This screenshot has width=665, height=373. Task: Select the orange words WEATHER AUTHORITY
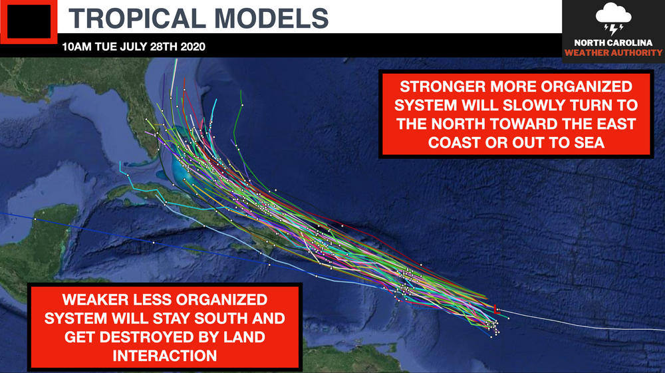(x=612, y=53)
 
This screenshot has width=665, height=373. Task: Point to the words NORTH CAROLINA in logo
(x=612, y=43)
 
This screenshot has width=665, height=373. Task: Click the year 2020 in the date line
(x=192, y=47)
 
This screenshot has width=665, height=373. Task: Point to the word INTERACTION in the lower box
(x=165, y=356)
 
